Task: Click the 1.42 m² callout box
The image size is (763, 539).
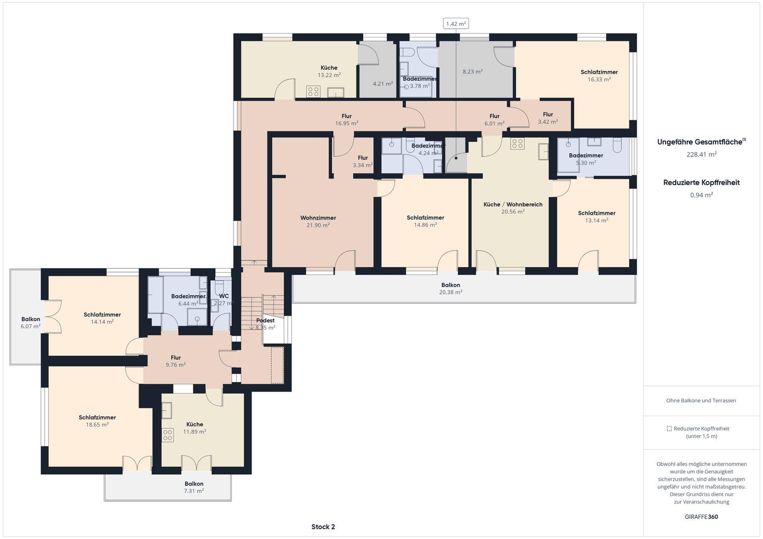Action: click(456, 24)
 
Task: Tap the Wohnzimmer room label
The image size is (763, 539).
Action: click(318, 218)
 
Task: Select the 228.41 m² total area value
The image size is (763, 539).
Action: click(701, 155)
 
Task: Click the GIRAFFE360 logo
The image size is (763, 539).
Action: click(701, 517)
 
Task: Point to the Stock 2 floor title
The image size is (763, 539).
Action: click(323, 527)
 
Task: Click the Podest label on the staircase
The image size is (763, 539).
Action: click(265, 321)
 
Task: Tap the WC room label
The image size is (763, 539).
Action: click(224, 296)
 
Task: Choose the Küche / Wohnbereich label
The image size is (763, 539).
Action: click(513, 205)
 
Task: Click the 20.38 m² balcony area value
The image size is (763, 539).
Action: click(451, 292)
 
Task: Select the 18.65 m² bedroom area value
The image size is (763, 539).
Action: click(97, 425)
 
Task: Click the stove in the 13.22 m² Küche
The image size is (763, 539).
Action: click(313, 92)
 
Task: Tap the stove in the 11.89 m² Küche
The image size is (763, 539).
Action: click(168, 435)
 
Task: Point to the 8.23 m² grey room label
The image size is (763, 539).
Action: click(473, 72)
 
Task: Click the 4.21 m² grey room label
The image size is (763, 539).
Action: click(383, 84)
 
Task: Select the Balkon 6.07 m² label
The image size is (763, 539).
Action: click(31, 323)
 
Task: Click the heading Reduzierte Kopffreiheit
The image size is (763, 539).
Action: click(701, 183)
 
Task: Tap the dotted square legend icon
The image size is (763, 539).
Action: click(669, 429)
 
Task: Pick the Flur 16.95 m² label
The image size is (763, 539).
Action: click(347, 120)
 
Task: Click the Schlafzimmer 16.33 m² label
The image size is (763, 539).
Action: click(599, 75)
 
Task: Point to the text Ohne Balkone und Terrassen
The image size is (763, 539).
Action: click(701, 400)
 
